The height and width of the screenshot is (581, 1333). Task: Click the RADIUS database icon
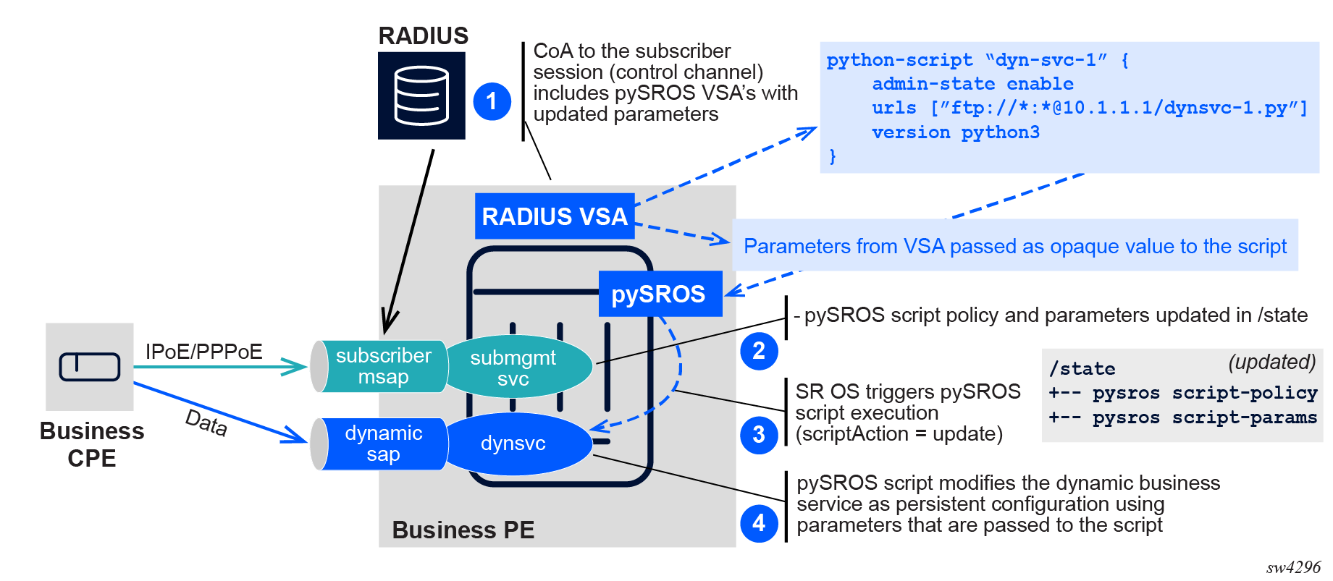[x=421, y=96]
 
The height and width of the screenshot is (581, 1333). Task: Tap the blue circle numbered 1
[x=492, y=101]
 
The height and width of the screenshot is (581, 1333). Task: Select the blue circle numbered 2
[x=759, y=351]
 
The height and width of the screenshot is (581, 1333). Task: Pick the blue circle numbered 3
[x=759, y=435]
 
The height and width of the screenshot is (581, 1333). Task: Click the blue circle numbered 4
[x=759, y=522]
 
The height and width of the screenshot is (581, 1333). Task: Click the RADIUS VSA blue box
[x=555, y=216]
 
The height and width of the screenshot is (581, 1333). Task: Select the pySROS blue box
[x=660, y=294]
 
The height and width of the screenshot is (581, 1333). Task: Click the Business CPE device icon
[x=90, y=366]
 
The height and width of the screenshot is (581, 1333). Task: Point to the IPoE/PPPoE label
[x=204, y=352]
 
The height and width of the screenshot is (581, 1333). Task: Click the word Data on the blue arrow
[x=206, y=423]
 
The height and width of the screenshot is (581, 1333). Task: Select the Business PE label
[x=463, y=530]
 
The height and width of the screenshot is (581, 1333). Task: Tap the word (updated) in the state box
[x=1271, y=362]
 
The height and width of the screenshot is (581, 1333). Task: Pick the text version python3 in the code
[x=955, y=132]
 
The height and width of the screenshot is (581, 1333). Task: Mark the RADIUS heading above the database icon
[x=423, y=35]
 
